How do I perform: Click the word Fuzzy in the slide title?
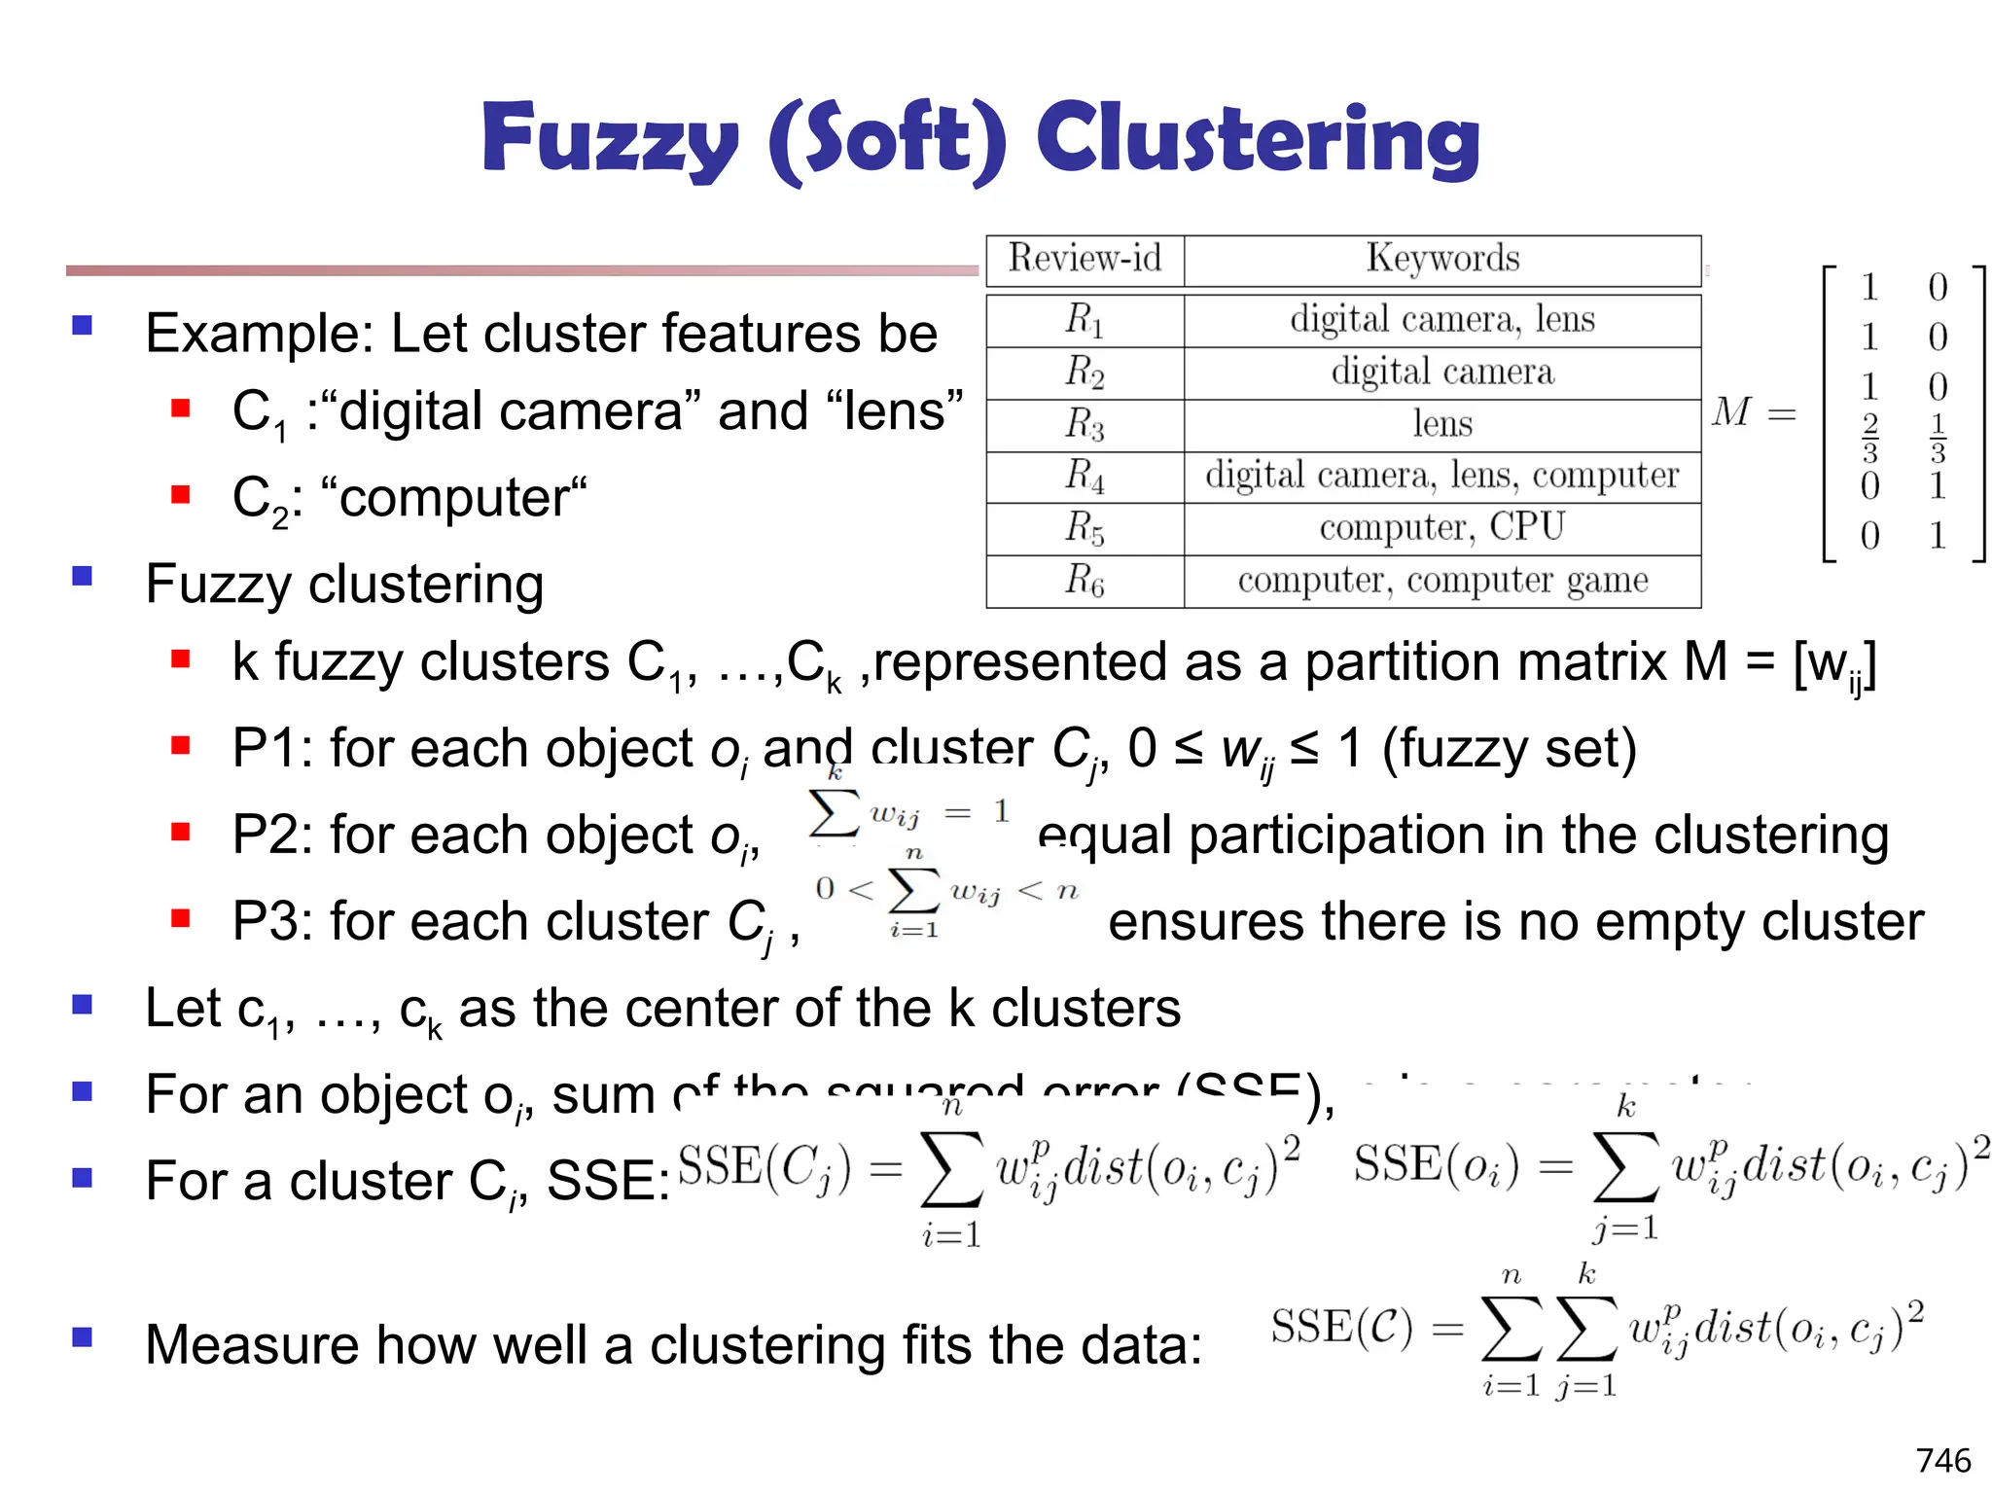click(609, 138)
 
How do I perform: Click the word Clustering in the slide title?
click(1258, 138)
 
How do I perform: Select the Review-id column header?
click(1085, 259)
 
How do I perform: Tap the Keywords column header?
click(1442, 259)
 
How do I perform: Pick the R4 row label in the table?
click(1085, 476)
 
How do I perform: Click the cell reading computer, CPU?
click(1442, 527)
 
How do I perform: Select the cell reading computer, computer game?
click(1442, 581)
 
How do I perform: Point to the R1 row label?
click(1085, 320)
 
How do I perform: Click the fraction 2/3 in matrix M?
click(1869, 438)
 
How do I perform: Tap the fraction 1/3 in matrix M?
click(1938, 438)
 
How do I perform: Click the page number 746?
click(1943, 1460)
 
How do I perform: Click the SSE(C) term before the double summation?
click(1341, 1328)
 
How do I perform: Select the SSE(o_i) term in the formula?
click(1436, 1166)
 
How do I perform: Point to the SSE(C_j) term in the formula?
click(764, 1168)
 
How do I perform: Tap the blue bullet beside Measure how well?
click(83, 1337)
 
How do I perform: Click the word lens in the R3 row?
click(1442, 424)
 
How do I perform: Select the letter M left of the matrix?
click(1732, 412)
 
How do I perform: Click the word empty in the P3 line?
click(1651, 921)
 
